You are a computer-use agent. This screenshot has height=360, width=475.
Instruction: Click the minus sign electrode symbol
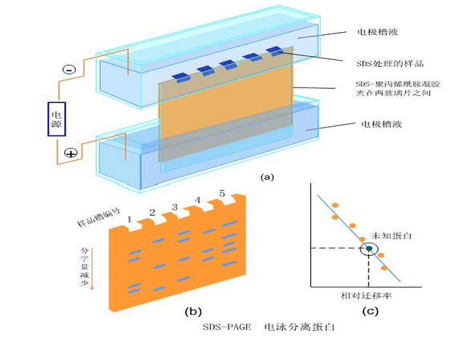(x=68, y=69)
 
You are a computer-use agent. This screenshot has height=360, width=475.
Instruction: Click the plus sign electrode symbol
(x=71, y=153)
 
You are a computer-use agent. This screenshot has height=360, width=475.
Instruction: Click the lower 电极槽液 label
(x=377, y=125)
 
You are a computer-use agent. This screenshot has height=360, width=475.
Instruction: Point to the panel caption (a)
(x=267, y=176)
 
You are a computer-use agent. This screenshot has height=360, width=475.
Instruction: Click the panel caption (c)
(x=370, y=311)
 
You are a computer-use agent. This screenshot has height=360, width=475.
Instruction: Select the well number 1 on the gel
(x=128, y=219)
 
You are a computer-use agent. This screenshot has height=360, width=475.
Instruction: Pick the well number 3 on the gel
(x=175, y=207)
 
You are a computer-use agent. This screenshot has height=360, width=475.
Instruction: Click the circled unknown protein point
(x=370, y=249)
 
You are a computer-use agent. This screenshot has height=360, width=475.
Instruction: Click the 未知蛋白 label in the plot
(x=388, y=237)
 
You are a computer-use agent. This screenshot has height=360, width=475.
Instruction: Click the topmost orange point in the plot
(x=335, y=204)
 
